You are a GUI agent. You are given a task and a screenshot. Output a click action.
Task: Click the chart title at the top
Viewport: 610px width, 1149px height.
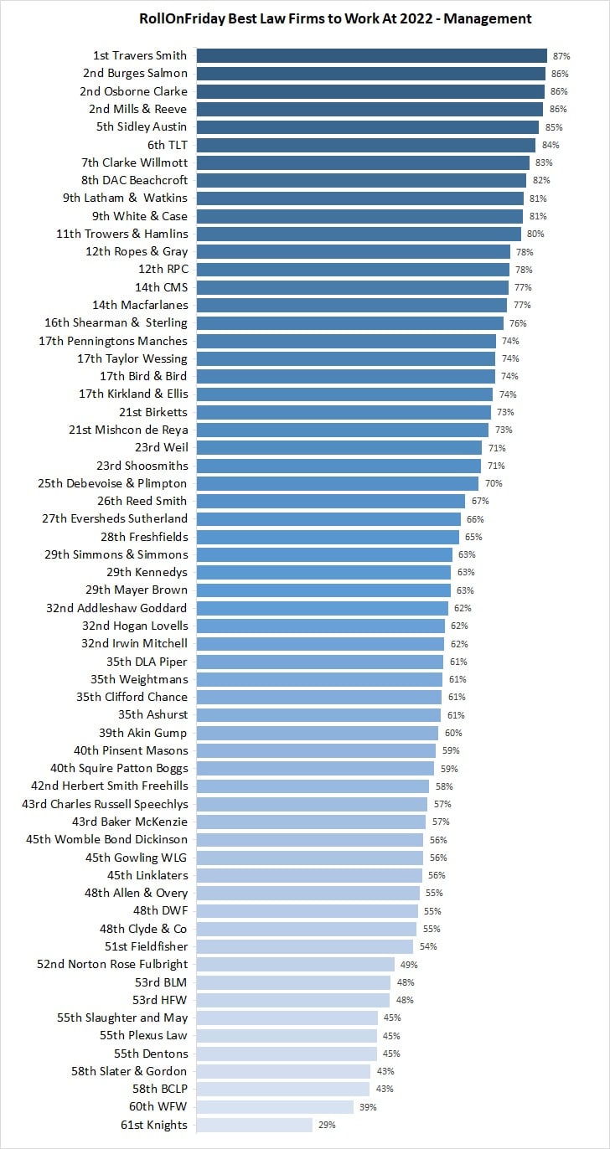(x=335, y=18)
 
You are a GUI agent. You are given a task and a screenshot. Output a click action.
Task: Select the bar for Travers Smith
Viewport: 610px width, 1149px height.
(x=371, y=55)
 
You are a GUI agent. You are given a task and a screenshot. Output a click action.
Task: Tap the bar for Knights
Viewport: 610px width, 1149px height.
(x=255, y=1125)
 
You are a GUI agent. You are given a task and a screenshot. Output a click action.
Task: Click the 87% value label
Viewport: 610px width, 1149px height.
(x=561, y=56)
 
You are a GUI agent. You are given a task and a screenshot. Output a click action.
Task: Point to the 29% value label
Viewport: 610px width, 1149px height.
(x=327, y=1125)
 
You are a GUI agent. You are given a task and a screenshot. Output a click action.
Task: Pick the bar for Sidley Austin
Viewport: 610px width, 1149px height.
(x=367, y=126)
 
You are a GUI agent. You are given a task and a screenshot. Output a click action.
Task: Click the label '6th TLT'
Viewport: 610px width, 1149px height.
(x=167, y=145)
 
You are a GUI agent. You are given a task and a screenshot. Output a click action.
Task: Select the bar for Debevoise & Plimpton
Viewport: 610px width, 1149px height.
(x=337, y=483)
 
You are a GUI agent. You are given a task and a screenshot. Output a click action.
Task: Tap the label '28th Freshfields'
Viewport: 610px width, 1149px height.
(x=144, y=537)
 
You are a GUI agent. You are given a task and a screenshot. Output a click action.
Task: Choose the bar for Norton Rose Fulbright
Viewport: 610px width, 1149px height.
(x=295, y=964)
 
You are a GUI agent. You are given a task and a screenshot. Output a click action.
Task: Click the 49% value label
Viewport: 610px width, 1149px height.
(x=407, y=965)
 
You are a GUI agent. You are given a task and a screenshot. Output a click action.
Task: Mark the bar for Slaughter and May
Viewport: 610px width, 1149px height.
(x=287, y=1018)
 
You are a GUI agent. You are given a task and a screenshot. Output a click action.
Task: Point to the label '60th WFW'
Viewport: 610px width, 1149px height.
(x=157, y=1107)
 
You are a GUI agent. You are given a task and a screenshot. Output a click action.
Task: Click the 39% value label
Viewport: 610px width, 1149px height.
(x=368, y=1107)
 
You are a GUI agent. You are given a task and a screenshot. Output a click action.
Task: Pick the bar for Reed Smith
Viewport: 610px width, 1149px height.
(x=330, y=501)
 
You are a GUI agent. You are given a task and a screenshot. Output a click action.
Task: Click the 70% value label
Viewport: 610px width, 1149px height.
(x=492, y=483)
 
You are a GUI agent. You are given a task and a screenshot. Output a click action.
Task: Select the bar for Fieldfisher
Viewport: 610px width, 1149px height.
(x=304, y=946)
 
